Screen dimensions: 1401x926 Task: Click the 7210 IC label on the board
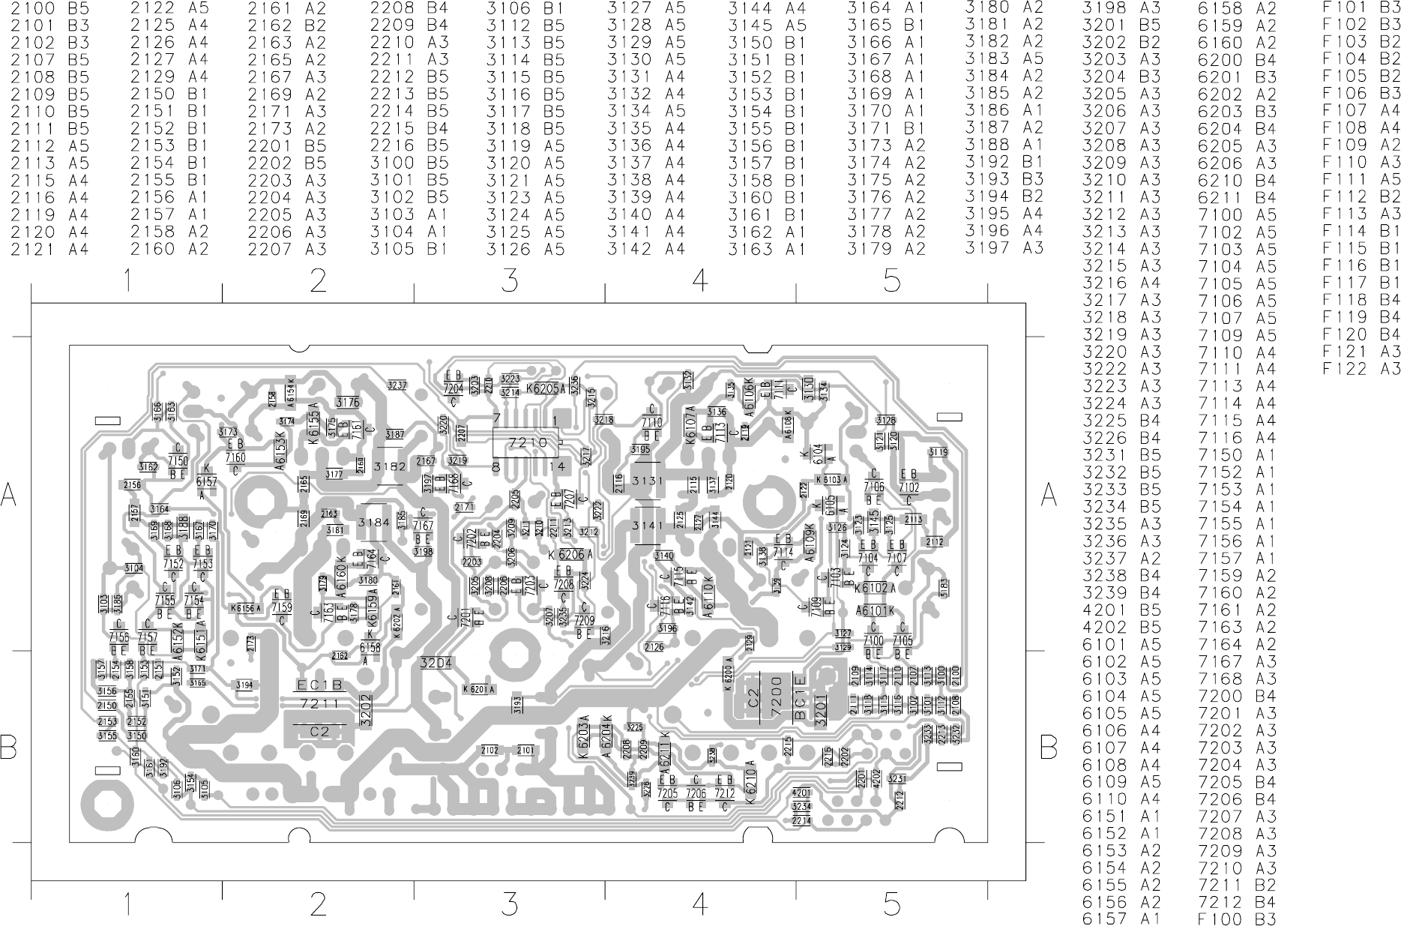(x=528, y=443)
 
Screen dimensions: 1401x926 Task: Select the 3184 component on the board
(x=374, y=522)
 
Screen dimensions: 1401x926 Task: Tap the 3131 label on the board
(x=648, y=481)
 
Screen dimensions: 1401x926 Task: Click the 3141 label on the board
(x=648, y=526)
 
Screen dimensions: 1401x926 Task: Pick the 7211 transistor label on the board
(x=319, y=705)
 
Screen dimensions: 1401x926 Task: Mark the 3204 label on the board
(x=436, y=664)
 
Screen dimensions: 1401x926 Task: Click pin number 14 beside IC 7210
(x=556, y=466)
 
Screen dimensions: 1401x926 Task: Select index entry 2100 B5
(x=49, y=8)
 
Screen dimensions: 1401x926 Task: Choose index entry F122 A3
(x=1361, y=369)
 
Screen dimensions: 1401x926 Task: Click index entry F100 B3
(x=1237, y=919)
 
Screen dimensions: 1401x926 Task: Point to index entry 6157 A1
(x=1121, y=919)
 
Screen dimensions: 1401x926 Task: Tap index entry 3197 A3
(x=1004, y=248)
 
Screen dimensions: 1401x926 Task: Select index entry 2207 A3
(x=287, y=249)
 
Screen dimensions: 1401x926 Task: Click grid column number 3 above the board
(x=510, y=281)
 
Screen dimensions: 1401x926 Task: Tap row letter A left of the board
(x=9, y=495)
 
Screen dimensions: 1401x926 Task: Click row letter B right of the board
(x=1049, y=747)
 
